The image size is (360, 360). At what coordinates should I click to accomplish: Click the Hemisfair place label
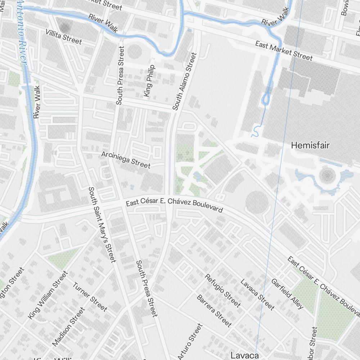[310, 145]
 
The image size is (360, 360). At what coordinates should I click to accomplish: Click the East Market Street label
[284, 50]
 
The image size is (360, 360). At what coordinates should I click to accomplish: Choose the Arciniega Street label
[126, 159]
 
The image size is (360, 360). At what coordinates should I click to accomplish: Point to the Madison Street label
[69, 327]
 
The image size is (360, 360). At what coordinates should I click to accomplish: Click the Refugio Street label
[222, 291]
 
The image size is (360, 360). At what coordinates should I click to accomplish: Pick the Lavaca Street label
[257, 294]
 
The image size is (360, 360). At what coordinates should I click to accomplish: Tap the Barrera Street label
[214, 311]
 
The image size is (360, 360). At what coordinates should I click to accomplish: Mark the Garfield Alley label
[287, 294]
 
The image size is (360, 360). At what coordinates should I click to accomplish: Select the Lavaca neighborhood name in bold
[245, 355]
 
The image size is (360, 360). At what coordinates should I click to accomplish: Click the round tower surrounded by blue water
[327, 176]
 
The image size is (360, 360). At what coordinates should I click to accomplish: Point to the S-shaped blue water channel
[255, 131]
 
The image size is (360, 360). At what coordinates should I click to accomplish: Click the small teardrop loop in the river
[267, 98]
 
